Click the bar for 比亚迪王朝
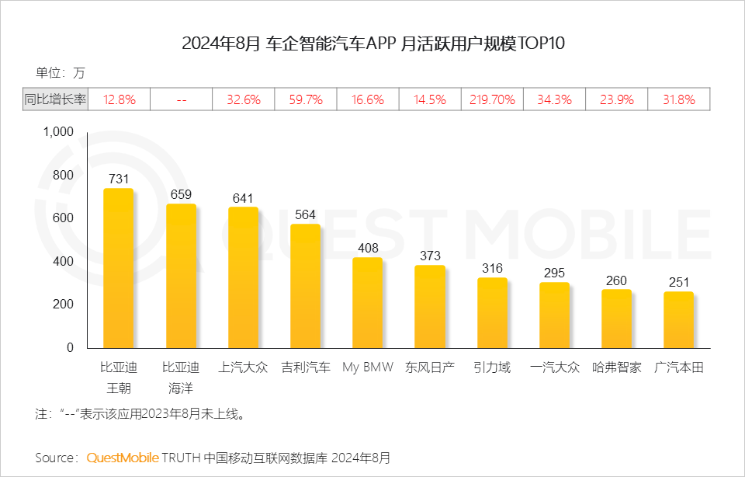pyautogui.click(x=118, y=268)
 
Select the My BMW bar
pyautogui.click(x=367, y=303)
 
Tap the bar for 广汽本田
pyautogui.click(x=678, y=319)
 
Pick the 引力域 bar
pyautogui.click(x=492, y=312)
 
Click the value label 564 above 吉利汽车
pyautogui.click(x=306, y=215)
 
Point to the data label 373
pyautogui.click(x=430, y=256)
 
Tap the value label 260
pyautogui.click(x=616, y=280)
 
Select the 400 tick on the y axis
pyautogui.click(x=63, y=261)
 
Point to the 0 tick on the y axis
pyautogui.click(x=69, y=347)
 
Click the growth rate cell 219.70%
pyautogui.click(x=492, y=99)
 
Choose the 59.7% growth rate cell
pyautogui.click(x=306, y=99)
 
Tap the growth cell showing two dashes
pyautogui.click(x=181, y=99)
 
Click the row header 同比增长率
pyautogui.click(x=55, y=99)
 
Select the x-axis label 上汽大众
pyautogui.click(x=243, y=367)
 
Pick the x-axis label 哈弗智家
pyautogui.click(x=616, y=367)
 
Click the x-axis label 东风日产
pyautogui.click(x=430, y=367)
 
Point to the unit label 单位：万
pyautogui.click(x=60, y=73)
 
